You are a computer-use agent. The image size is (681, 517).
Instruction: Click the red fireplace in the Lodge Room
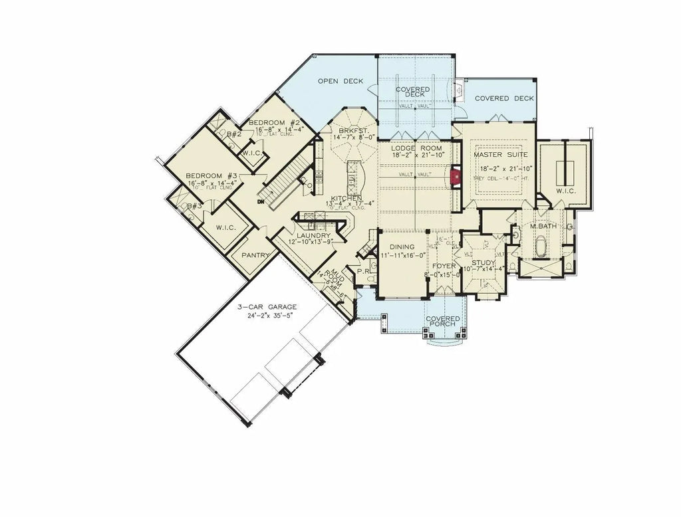456,177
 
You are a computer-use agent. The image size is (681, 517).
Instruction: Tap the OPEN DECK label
340,82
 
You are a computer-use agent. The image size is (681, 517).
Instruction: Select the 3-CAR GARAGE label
267,307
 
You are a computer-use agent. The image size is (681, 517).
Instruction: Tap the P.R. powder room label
364,272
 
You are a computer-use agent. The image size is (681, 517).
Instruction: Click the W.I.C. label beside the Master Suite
565,191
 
